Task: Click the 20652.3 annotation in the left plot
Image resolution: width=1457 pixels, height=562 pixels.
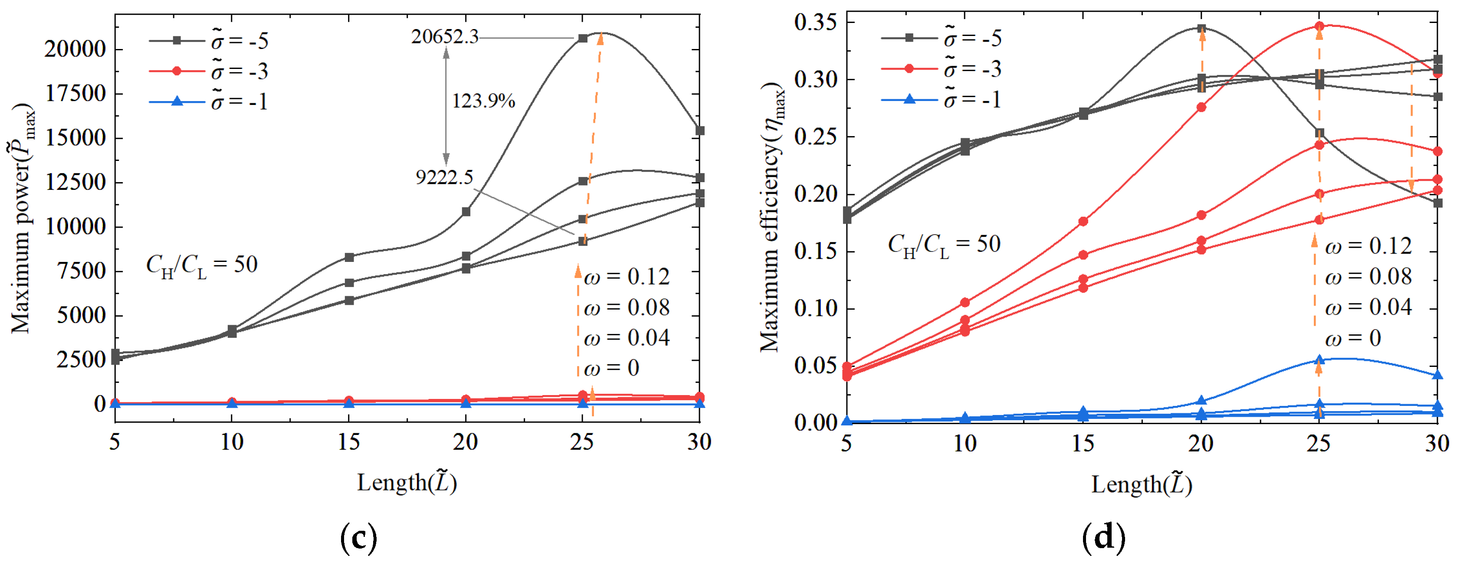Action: tap(445, 37)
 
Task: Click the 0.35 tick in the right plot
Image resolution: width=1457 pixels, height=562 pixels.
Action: tap(816, 23)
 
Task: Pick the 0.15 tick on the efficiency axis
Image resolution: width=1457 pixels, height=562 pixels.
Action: tap(816, 252)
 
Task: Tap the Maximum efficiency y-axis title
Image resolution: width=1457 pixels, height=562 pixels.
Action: tap(771, 218)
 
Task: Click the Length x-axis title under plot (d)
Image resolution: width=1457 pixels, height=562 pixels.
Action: tap(1142, 484)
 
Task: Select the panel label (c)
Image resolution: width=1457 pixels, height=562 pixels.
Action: tap(358, 538)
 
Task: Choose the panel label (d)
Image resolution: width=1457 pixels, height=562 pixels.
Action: tap(1103, 538)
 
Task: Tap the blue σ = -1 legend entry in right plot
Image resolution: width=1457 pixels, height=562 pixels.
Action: tap(941, 100)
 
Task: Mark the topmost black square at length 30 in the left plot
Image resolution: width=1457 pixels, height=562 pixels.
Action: tap(700, 131)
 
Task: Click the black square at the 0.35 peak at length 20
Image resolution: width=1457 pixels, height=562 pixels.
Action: tap(1201, 28)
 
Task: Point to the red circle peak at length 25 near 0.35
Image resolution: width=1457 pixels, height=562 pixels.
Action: tap(1319, 26)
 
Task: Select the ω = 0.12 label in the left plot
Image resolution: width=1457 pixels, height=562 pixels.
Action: tap(626, 277)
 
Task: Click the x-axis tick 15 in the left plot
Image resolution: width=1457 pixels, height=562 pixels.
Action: tap(349, 441)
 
